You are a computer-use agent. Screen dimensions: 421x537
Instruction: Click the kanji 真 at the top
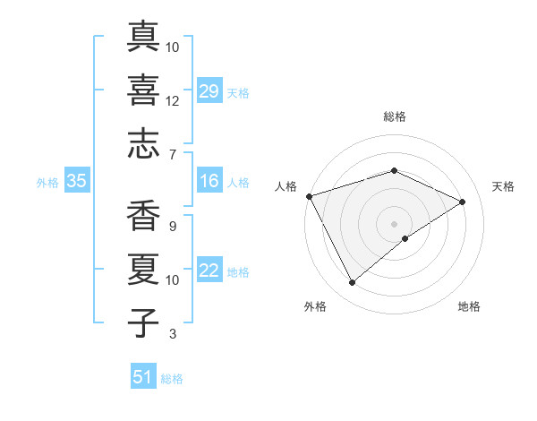[144, 36]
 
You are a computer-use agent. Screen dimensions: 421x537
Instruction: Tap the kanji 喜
[144, 90]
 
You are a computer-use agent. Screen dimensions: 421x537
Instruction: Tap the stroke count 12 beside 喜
[173, 101]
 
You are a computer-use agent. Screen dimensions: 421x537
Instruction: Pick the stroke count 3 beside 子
[173, 334]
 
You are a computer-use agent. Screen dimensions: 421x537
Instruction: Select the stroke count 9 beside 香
[173, 227]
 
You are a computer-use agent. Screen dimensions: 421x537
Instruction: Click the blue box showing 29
[209, 92]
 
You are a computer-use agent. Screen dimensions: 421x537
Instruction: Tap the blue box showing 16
[209, 182]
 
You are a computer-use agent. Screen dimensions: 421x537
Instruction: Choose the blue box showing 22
[209, 271]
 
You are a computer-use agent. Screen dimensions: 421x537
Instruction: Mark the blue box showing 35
[76, 182]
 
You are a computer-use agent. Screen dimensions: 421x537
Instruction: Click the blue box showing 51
[143, 377]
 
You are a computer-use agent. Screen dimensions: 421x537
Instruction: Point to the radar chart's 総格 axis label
[394, 117]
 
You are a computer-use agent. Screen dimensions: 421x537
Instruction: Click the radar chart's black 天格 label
[504, 186]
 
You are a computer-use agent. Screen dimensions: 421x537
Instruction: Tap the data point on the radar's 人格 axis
[309, 196]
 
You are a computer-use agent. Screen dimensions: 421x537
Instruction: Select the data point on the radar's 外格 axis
[352, 283]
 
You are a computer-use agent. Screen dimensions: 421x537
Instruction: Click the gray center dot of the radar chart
[394, 223]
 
